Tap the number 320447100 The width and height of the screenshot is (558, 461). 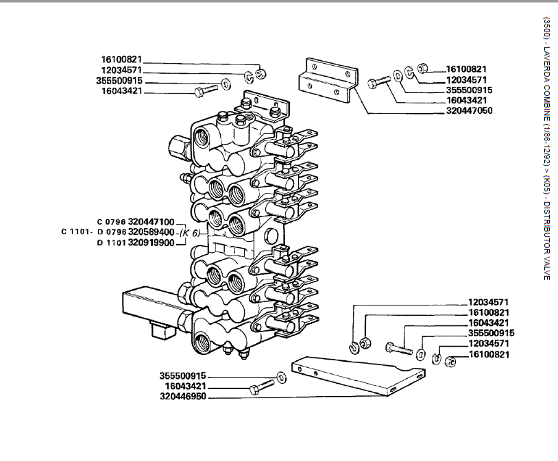151,222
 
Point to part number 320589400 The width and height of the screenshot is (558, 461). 151,232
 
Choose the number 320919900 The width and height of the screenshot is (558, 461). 151,242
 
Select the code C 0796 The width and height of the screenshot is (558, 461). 110,222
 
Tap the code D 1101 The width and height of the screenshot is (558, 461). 110,242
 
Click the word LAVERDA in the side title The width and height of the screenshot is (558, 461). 546,65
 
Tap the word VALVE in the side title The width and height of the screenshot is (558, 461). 546,268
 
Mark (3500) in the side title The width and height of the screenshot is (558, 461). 546,27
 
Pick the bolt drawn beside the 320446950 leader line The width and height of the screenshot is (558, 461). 261,387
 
